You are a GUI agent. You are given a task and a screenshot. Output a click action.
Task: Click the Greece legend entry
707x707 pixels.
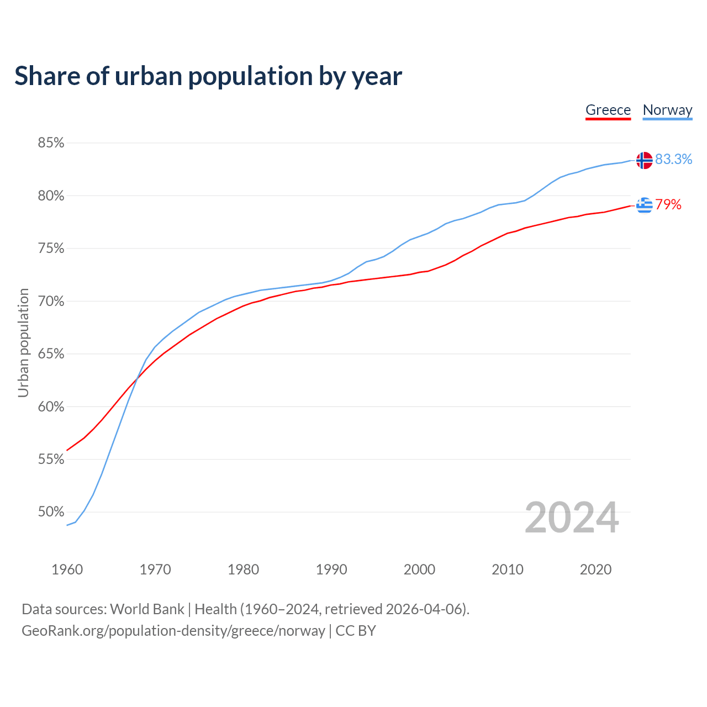point(608,110)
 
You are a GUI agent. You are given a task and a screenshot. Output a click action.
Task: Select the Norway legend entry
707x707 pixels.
point(667,110)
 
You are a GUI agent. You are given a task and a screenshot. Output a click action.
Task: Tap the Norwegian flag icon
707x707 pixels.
point(644,160)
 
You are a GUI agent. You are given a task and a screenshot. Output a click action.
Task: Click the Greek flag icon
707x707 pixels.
point(644,205)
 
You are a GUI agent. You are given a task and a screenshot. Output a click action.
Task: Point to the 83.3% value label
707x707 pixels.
point(673,159)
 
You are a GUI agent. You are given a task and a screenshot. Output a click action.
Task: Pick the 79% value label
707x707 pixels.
point(668,205)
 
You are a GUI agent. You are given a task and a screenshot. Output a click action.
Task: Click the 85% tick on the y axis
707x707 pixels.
point(51,143)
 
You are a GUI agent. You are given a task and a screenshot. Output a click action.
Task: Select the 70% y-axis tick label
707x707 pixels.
point(51,302)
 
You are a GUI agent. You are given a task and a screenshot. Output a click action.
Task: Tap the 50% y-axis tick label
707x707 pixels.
point(51,512)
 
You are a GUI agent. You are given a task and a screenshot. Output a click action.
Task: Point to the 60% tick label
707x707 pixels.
point(51,407)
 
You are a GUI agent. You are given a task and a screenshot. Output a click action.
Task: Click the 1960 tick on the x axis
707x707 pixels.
point(67,569)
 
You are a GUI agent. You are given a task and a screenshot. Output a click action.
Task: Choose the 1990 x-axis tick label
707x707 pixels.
point(331,569)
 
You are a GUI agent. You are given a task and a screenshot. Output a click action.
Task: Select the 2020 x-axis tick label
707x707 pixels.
point(595,569)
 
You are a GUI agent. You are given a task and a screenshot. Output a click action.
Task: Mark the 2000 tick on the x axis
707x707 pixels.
point(419,569)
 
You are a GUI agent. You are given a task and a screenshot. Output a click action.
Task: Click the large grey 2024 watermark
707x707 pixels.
point(572,518)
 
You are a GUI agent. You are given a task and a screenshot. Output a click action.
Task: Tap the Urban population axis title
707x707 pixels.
point(23,342)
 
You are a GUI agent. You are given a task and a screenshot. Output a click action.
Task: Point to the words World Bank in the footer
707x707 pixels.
point(147,609)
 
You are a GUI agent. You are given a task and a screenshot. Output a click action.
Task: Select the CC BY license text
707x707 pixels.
point(356,631)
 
